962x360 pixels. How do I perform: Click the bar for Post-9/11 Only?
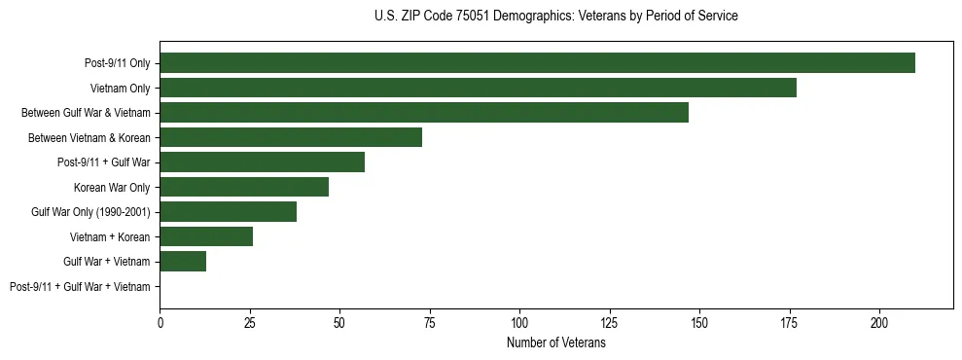coord(537,63)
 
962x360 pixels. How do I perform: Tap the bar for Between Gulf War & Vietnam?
coord(424,113)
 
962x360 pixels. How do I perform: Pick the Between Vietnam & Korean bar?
coord(291,137)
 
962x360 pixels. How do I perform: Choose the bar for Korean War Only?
coord(244,187)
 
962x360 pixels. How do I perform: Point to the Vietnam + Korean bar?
coord(206,236)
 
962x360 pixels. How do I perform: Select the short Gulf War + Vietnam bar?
coord(183,261)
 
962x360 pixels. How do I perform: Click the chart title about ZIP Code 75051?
coord(555,17)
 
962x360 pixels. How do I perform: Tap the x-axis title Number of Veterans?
coord(555,343)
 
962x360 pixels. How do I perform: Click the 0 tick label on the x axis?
coord(160,322)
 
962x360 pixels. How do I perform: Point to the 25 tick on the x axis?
coord(250,322)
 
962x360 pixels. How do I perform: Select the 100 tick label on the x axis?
coord(519,322)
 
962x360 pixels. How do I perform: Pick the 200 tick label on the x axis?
coord(879,322)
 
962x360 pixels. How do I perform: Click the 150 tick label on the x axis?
coord(699,322)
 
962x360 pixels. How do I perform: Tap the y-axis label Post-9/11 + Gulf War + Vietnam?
coord(80,286)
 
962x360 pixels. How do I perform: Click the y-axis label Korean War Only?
coord(112,187)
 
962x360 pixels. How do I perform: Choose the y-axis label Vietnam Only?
coord(120,89)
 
